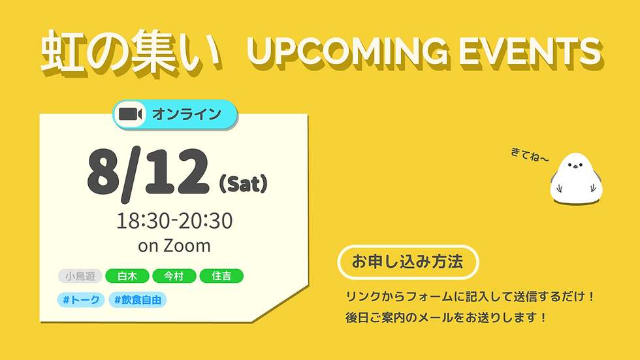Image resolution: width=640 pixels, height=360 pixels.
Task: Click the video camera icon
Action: tap(130, 114)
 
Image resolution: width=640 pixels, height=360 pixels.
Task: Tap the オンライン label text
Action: tap(187, 114)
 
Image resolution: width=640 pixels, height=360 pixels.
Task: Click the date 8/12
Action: tap(148, 174)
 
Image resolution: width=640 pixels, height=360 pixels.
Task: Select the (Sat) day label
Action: tap(243, 184)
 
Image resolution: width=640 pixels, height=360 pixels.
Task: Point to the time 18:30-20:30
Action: tap(175, 221)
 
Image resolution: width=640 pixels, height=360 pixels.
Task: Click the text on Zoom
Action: tap(174, 246)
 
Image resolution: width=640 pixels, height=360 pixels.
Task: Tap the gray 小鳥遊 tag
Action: tap(80, 276)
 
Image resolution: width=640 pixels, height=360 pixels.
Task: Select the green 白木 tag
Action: tap(127, 276)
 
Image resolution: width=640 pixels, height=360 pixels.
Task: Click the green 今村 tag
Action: tap(174, 276)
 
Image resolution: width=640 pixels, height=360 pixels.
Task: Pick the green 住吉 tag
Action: tap(221, 276)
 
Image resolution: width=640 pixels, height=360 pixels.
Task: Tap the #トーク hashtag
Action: tap(81, 300)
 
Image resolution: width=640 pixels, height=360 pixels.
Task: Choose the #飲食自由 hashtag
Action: tap(138, 300)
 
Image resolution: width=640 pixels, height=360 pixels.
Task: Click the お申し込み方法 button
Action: tap(408, 262)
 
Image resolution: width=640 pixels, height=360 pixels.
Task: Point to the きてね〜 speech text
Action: tap(530, 155)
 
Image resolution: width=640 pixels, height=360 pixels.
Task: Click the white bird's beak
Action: tap(575, 167)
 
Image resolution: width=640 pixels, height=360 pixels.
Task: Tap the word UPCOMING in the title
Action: tap(347, 52)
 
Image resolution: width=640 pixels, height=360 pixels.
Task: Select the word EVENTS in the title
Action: tap(530, 52)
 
